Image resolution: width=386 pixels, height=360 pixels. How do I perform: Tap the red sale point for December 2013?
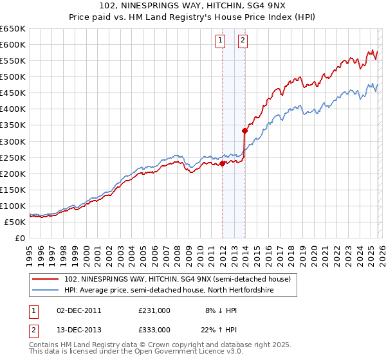[x=245, y=130]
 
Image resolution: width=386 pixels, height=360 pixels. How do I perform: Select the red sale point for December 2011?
[x=222, y=163]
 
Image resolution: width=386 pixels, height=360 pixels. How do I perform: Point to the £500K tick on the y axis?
[x=13, y=76]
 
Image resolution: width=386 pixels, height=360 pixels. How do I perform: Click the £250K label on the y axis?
[x=13, y=157]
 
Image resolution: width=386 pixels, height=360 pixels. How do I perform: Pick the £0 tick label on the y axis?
[x=21, y=238]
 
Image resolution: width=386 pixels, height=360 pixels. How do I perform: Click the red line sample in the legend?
[x=46, y=279]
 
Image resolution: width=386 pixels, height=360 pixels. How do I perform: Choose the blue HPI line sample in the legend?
[x=46, y=291]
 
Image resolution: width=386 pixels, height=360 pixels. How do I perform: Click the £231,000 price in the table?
[x=154, y=310]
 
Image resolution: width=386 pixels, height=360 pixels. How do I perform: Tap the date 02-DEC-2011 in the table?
[x=80, y=310]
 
